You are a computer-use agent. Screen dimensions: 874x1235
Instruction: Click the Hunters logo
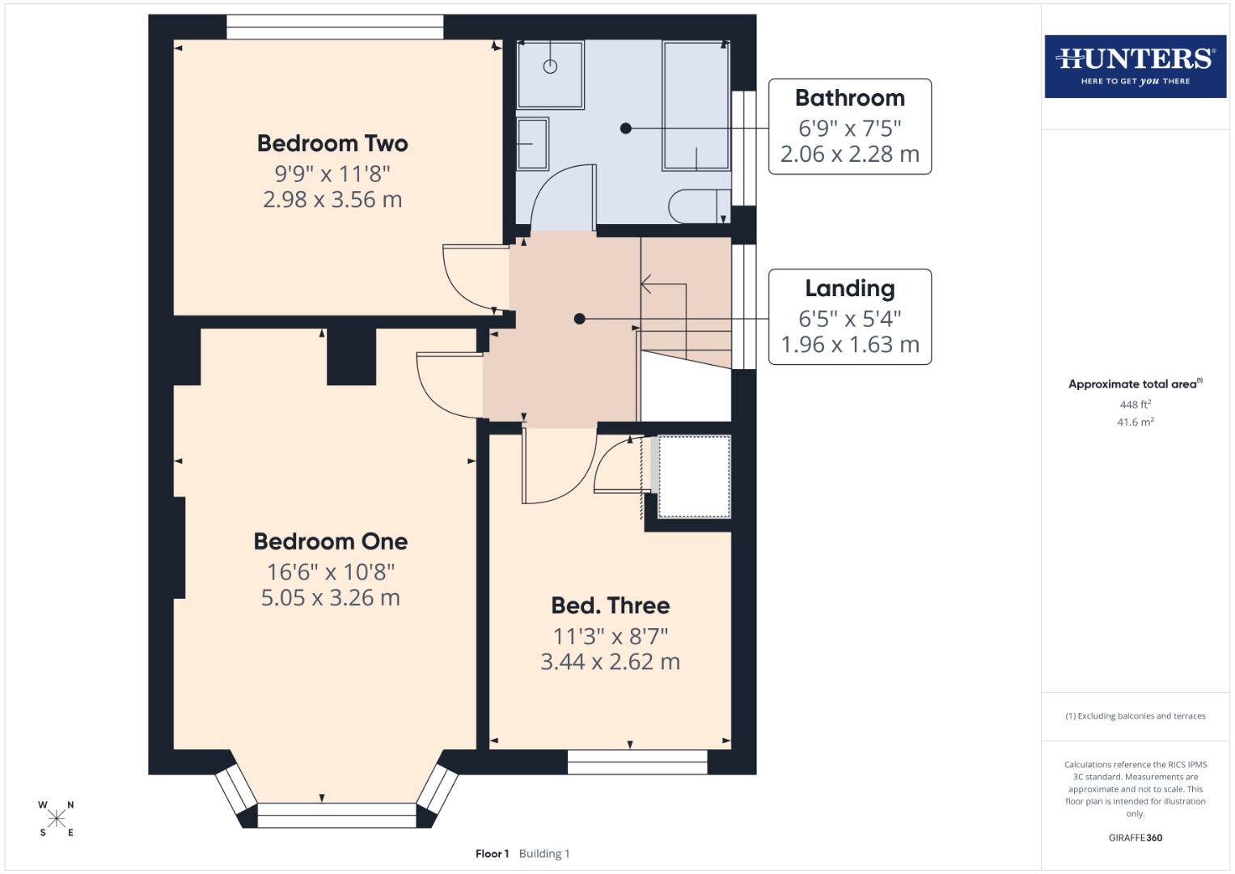(x=1135, y=66)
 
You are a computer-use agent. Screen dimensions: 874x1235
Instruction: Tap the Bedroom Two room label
(x=332, y=143)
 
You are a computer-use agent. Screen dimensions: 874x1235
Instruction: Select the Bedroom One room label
(x=330, y=541)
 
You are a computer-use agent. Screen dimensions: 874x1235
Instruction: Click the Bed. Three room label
(x=610, y=605)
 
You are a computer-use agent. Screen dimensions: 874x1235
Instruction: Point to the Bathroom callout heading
(x=849, y=98)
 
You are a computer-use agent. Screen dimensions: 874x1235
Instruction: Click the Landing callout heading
(x=849, y=288)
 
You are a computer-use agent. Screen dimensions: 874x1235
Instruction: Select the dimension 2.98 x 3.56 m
(x=332, y=199)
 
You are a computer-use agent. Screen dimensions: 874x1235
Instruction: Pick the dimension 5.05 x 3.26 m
(x=330, y=597)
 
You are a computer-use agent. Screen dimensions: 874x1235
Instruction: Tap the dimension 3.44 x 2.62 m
(x=610, y=661)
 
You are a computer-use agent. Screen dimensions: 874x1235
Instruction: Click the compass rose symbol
(x=56, y=818)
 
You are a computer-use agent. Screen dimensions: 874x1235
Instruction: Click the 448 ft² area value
(x=1135, y=404)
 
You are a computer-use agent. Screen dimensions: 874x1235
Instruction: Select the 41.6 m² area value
(x=1135, y=422)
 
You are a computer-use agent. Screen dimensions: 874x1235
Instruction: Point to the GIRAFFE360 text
(x=1135, y=838)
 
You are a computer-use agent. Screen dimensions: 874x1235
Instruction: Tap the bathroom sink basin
(x=532, y=144)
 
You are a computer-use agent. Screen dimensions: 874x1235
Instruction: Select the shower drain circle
(x=550, y=66)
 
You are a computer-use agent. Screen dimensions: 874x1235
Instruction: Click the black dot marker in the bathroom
(x=625, y=128)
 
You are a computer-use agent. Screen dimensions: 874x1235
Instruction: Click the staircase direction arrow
(x=647, y=284)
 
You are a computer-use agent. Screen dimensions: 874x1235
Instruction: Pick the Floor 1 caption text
(x=492, y=854)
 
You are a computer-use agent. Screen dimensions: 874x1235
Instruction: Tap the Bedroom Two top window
(x=335, y=28)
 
